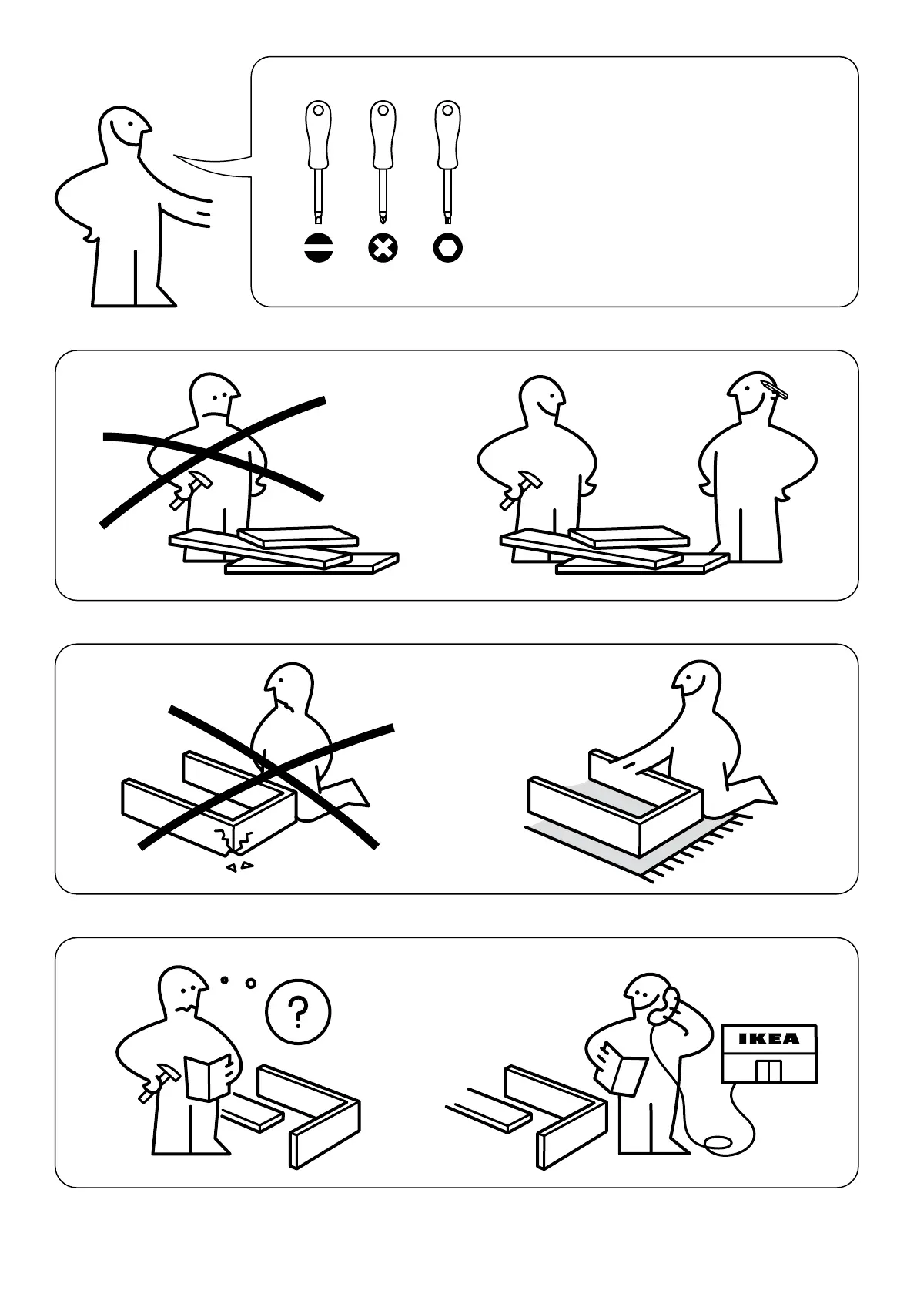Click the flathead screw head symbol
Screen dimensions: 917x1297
pos(319,249)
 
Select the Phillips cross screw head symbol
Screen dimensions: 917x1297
pos(383,249)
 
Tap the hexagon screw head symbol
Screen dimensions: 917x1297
pos(448,249)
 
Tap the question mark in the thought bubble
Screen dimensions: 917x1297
pos(298,1012)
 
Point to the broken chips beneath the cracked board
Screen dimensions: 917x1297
pos(239,866)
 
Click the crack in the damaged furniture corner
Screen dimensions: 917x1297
pos(233,839)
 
